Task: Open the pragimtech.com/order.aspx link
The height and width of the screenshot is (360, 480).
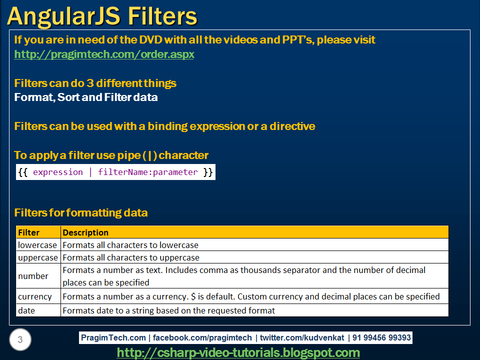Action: pos(104,54)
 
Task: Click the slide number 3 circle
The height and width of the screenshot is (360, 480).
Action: pos(20,340)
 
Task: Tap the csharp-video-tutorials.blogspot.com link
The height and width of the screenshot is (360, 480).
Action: pos(238,353)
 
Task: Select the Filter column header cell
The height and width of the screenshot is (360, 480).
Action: pos(38,232)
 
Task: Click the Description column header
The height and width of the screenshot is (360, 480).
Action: pos(254,232)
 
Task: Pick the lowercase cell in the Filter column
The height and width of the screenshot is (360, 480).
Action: pos(37,245)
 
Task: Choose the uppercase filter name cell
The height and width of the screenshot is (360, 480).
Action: pos(38,257)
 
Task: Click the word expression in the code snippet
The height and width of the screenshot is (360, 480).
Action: pos(57,172)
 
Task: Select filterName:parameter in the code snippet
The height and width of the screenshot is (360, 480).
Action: pos(148,172)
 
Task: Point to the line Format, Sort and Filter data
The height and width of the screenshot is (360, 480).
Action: pos(86,97)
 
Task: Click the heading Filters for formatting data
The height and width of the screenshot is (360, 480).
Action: pos(81,213)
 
